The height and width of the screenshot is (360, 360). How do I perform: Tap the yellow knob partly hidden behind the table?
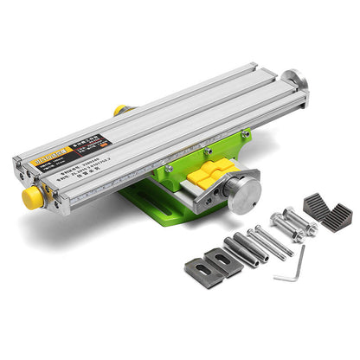[119, 111]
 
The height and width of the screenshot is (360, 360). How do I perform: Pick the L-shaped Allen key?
[292, 265]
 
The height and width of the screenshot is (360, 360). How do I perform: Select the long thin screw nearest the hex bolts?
[273, 241]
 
